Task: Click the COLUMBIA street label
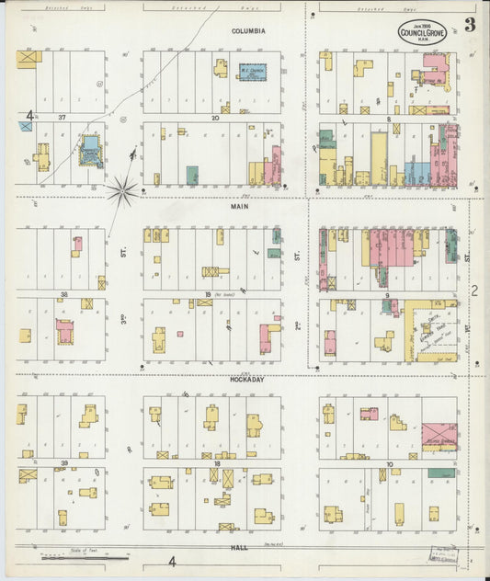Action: coord(247,31)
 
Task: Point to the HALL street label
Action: coord(240,547)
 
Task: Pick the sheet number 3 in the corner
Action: coord(469,25)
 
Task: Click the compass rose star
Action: coord(121,191)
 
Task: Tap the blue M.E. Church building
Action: coord(251,71)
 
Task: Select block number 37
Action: coord(63,118)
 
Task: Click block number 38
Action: coord(63,294)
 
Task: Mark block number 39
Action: coord(63,463)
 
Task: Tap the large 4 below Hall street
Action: coord(172,561)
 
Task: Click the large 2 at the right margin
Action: coord(475,290)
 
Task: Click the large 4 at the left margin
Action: coord(29,117)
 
